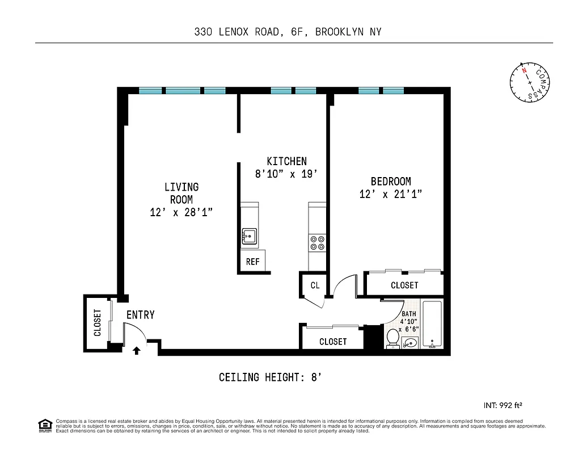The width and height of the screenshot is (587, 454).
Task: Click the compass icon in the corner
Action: (x=530, y=82)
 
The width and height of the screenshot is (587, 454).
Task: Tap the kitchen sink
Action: (x=248, y=235)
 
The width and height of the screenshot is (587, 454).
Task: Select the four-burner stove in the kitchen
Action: (x=316, y=242)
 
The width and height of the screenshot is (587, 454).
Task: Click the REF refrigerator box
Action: (x=252, y=262)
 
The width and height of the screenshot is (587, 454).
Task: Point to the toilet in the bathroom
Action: (x=391, y=339)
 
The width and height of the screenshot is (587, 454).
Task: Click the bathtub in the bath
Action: (x=432, y=325)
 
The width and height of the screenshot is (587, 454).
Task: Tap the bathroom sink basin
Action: (x=411, y=342)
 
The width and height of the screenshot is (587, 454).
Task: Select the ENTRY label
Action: (x=140, y=315)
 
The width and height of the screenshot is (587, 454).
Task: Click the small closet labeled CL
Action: (x=315, y=285)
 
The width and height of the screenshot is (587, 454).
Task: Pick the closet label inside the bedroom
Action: (x=404, y=285)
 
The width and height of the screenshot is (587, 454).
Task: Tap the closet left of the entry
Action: (x=97, y=322)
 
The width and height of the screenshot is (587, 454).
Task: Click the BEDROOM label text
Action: (x=391, y=182)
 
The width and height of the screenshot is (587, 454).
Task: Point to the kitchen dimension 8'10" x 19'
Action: (x=286, y=174)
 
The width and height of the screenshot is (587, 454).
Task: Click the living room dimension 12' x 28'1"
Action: (x=181, y=212)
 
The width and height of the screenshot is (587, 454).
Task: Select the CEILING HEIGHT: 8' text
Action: (x=271, y=377)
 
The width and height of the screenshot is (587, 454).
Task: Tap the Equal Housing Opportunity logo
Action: (x=44, y=424)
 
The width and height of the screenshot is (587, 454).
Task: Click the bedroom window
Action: (x=381, y=90)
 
